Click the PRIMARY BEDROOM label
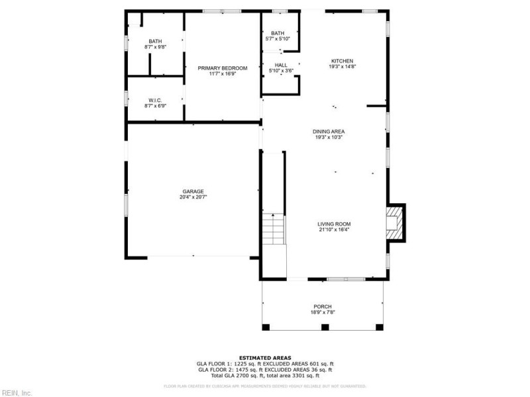223,68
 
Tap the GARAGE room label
193,191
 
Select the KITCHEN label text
343,61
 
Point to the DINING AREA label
329,131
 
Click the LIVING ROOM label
334,224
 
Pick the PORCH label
322,306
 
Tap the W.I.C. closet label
155,100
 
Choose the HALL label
281,65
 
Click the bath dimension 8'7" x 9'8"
155,47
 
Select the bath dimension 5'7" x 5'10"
278,39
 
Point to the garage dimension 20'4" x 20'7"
193,197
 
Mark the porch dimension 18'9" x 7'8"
322,312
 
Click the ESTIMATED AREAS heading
265,357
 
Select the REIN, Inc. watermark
17,392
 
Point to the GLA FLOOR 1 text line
265,363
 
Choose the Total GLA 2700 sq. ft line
265,375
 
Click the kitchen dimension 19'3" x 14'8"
343,67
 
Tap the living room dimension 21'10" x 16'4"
334,230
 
